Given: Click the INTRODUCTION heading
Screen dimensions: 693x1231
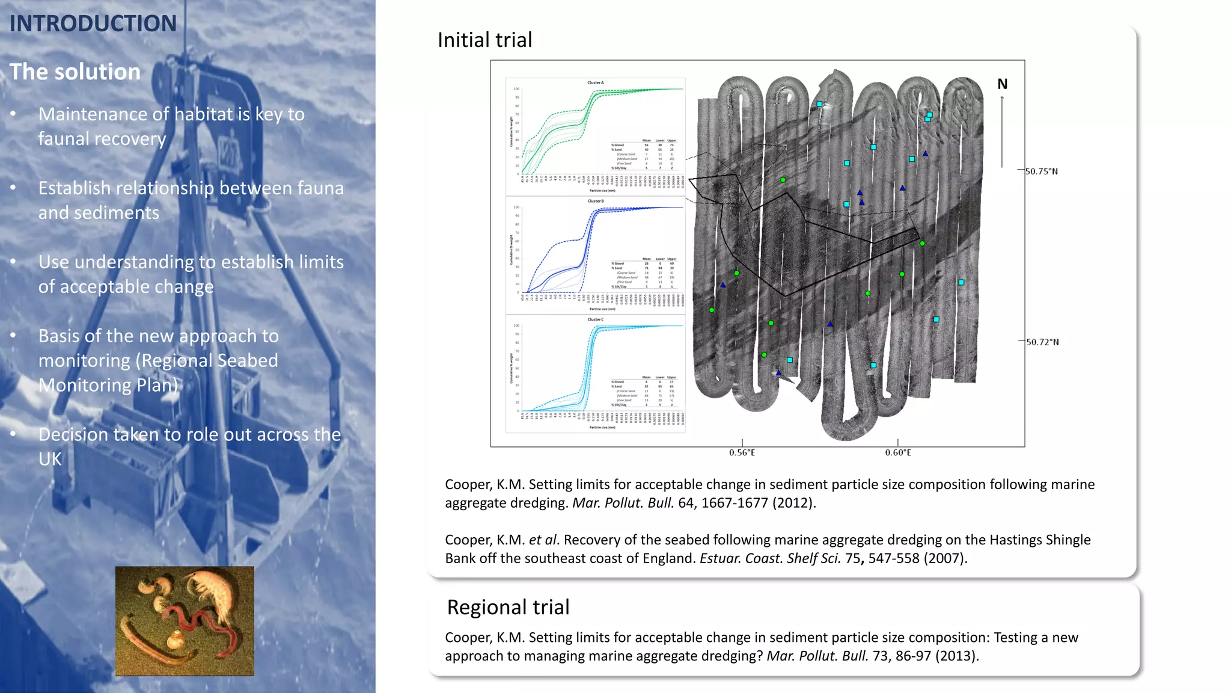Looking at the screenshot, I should click(x=93, y=24).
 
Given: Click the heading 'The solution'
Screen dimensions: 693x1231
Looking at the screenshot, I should click(x=75, y=72).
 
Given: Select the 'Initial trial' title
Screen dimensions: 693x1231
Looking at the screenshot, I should click(x=484, y=40).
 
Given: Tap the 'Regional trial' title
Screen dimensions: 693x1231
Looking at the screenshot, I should click(x=508, y=608).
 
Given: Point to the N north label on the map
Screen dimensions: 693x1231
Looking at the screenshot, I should click(x=1002, y=84).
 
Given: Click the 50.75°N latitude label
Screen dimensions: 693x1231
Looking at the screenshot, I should click(x=1042, y=171).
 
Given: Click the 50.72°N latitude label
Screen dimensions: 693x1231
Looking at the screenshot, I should click(x=1042, y=342).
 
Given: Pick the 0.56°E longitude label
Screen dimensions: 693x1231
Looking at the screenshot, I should click(x=742, y=452).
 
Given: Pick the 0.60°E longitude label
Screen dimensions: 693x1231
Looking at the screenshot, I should click(x=898, y=452).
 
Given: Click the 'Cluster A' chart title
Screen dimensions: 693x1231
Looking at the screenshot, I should click(x=595, y=83).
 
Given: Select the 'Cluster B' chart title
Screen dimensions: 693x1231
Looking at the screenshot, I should click(x=595, y=201).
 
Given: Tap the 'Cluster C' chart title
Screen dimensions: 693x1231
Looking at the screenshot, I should click(x=595, y=319).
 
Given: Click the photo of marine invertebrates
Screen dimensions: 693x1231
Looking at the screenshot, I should click(x=185, y=621).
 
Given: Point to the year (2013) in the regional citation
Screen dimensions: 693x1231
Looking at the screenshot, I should click(x=956, y=656).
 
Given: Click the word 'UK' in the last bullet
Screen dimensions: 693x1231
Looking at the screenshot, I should click(x=50, y=459).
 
